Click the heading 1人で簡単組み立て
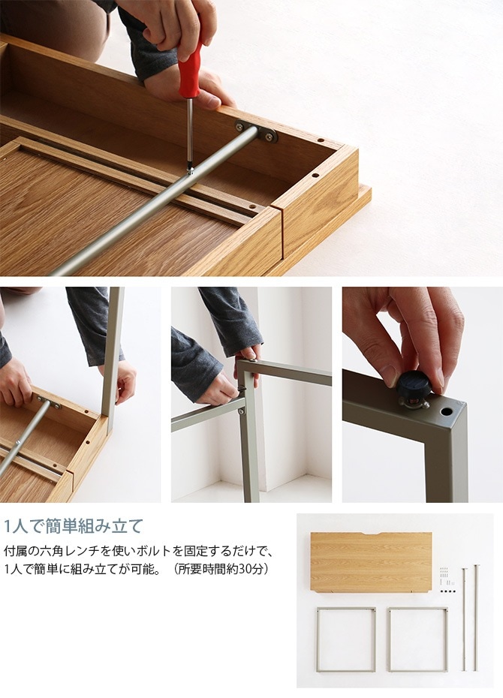coord(73,526)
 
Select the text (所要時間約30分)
coord(221,570)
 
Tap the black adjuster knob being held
coord(414,387)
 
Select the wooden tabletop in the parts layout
coord(371,563)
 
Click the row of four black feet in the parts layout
coord(447,591)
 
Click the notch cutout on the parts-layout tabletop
coord(371,534)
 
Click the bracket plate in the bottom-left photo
coord(49,402)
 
